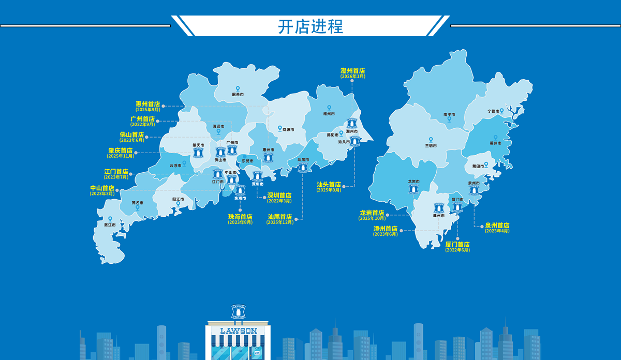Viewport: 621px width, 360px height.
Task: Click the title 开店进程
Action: coord(310,26)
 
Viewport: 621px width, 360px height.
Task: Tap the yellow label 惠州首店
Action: coord(147,104)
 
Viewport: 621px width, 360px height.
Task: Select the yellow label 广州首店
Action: coord(142,119)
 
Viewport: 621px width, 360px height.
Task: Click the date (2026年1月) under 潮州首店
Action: coord(353,77)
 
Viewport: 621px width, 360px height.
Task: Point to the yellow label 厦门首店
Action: coord(457,244)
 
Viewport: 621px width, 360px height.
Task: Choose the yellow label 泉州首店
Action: coord(497,226)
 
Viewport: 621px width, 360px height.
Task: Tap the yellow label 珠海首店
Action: coord(240,217)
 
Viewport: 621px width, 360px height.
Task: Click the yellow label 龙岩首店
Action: coord(372,213)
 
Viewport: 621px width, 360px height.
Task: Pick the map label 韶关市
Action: coord(238,95)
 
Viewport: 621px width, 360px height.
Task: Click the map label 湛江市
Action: coord(109,225)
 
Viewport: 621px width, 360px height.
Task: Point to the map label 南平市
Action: coord(449,114)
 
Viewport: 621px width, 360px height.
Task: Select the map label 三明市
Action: coord(431,145)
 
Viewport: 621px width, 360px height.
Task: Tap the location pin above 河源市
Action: coord(280,128)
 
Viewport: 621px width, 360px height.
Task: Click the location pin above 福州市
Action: coord(495,138)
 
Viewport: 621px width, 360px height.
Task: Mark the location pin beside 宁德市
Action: coord(501,110)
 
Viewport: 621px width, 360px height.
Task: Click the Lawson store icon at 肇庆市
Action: coord(198,153)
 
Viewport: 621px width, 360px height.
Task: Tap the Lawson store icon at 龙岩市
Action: coord(413,189)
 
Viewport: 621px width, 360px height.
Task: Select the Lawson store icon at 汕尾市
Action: coord(303,167)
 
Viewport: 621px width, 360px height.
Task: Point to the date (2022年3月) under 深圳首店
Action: coord(279,201)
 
